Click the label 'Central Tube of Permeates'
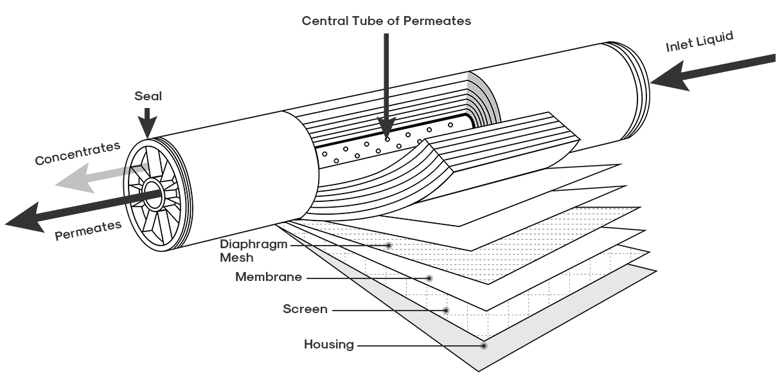386,21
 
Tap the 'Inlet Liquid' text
700,42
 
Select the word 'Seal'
148,96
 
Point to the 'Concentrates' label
78,153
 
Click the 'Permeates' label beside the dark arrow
88,230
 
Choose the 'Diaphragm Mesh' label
254,251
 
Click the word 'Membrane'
269,277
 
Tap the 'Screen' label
305,309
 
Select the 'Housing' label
329,345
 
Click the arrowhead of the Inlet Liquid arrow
668,77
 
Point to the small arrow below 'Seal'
147,123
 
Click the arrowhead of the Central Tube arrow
386,127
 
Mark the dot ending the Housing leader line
483,346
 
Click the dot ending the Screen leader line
446,310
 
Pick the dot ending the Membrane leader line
429,278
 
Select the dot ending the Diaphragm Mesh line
389,245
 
